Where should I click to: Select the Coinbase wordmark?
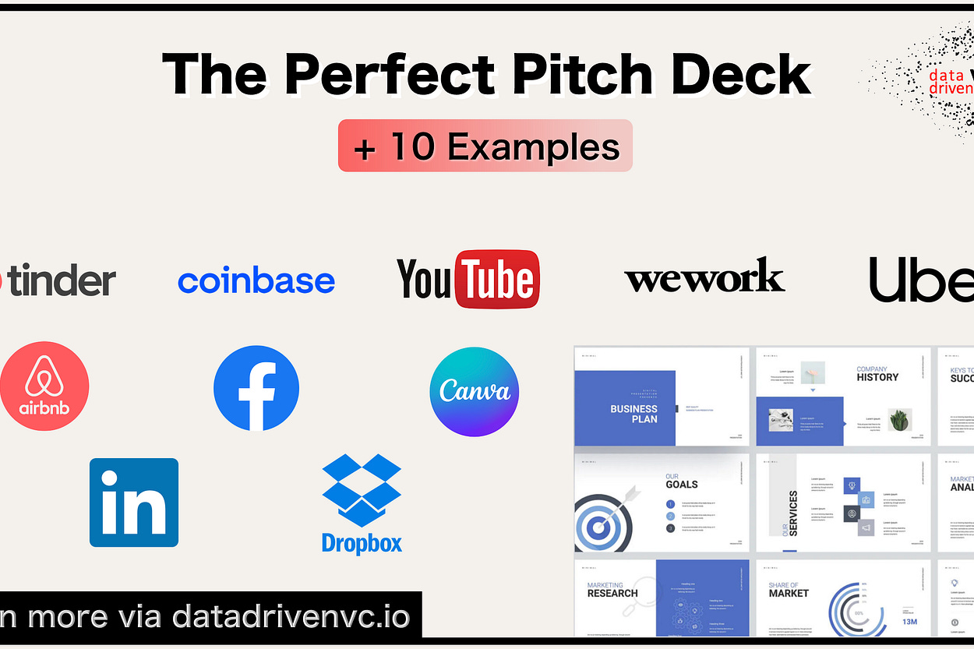click(x=256, y=281)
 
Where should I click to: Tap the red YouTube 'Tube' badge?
click(x=497, y=279)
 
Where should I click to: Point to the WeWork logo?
click(x=704, y=277)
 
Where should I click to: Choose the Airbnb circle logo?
click(x=44, y=386)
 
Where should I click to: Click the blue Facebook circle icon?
click(x=256, y=388)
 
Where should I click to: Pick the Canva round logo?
click(x=475, y=392)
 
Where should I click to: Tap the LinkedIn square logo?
click(x=134, y=503)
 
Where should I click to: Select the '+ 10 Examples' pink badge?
click(x=485, y=146)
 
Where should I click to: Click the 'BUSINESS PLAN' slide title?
click(x=633, y=414)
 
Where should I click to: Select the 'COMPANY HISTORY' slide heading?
click(x=877, y=374)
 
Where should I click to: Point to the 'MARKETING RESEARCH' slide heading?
click(x=612, y=589)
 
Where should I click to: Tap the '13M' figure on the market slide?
click(x=910, y=622)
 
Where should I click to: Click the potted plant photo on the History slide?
click(x=899, y=419)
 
